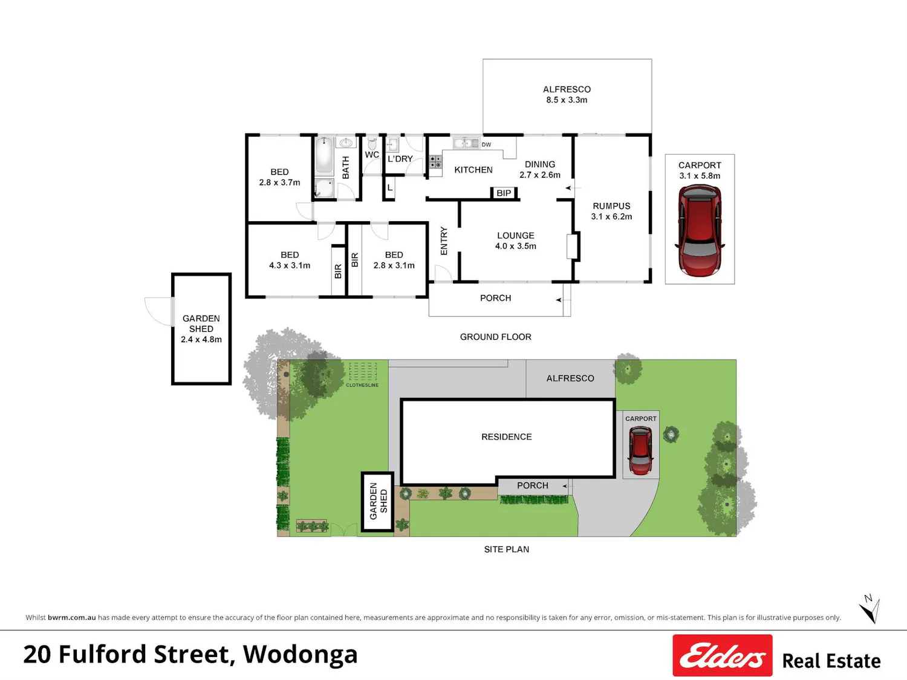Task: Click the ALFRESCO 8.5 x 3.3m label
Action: pyautogui.click(x=567, y=94)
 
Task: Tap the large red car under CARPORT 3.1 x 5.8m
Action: pyautogui.click(x=700, y=230)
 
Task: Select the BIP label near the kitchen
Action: pyautogui.click(x=504, y=193)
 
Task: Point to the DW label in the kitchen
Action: pyautogui.click(x=486, y=144)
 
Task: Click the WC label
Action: pyautogui.click(x=372, y=155)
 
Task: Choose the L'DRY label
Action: pyautogui.click(x=400, y=159)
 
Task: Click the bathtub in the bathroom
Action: pyautogui.click(x=324, y=155)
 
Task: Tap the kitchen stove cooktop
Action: pyautogui.click(x=435, y=162)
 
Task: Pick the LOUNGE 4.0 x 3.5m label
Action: pyautogui.click(x=516, y=241)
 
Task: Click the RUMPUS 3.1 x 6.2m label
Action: pyautogui.click(x=611, y=211)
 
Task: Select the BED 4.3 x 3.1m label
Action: pyautogui.click(x=290, y=260)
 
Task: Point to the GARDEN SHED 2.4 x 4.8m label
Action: pyautogui.click(x=201, y=329)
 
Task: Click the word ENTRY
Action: pyautogui.click(x=444, y=241)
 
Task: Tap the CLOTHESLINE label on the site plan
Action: pyautogui.click(x=362, y=385)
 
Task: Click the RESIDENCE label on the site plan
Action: pyautogui.click(x=507, y=437)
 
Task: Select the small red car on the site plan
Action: pyautogui.click(x=640, y=450)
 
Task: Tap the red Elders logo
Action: pyautogui.click(x=723, y=655)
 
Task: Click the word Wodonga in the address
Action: pyautogui.click(x=300, y=655)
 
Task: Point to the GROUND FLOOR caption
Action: pyautogui.click(x=495, y=337)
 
